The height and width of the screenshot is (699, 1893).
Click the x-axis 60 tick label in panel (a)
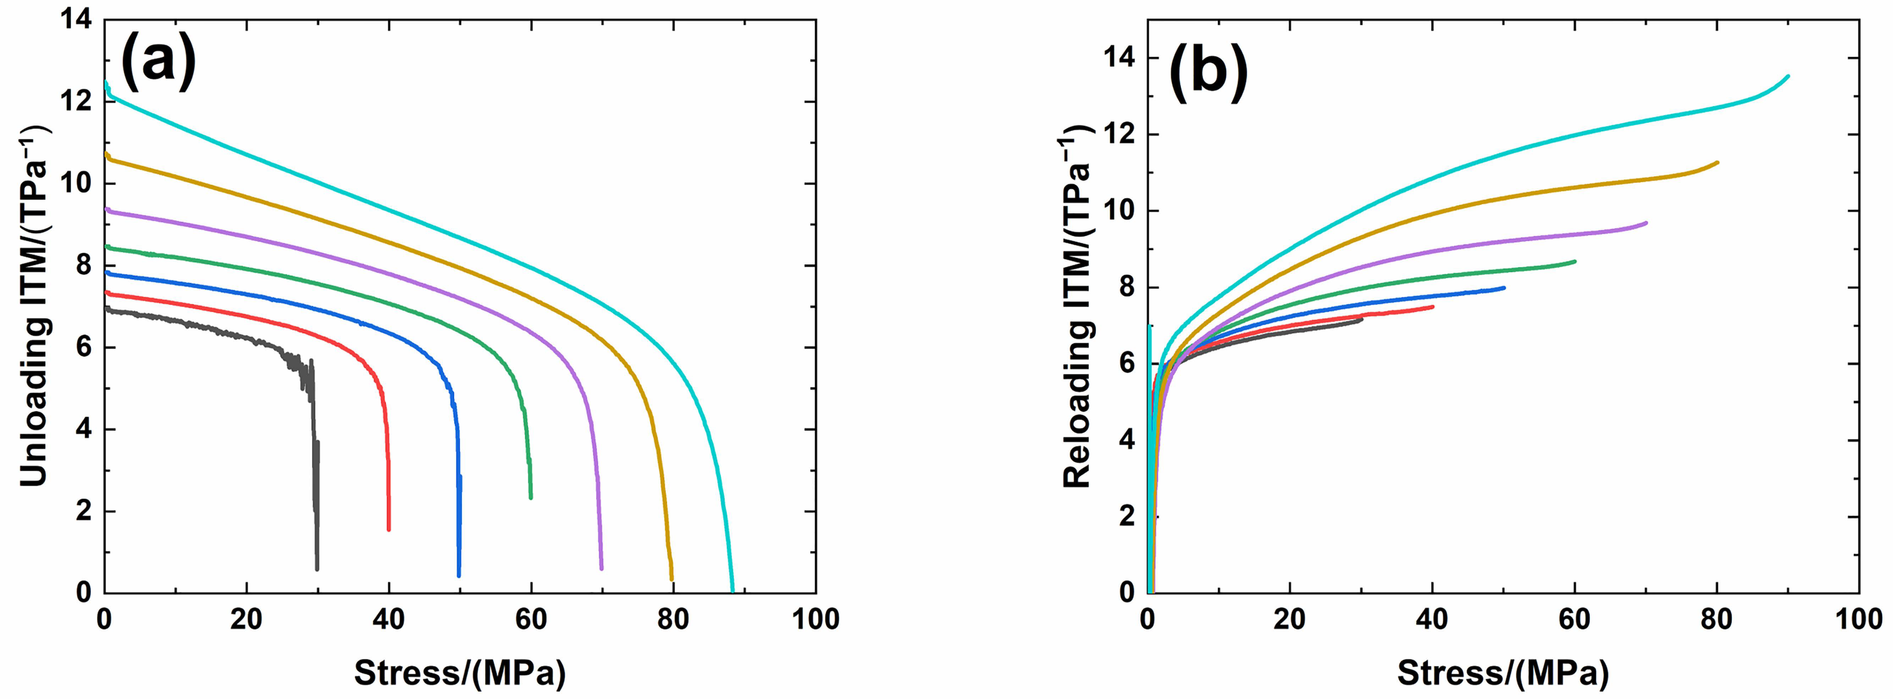pyautogui.click(x=531, y=621)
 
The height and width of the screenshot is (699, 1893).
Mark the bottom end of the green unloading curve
pyautogui.click(x=531, y=498)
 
